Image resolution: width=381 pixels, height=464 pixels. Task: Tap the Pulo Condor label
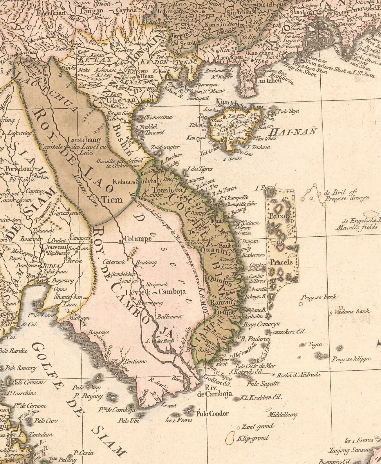coord(212,414)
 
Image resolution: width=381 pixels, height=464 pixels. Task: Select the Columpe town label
coord(138,239)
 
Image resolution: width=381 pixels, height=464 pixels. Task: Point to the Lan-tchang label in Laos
coord(84,140)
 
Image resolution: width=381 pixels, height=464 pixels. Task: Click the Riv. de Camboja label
coord(214,391)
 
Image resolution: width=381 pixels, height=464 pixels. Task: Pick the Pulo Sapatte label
coord(263,384)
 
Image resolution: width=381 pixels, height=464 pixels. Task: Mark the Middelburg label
coord(282,415)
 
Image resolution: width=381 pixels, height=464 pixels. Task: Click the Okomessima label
coord(158,117)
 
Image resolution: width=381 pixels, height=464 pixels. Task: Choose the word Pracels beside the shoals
coord(281,263)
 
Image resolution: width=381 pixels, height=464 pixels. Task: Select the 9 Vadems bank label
coord(349,312)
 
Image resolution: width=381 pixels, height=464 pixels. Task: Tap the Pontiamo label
coord(135,361)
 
